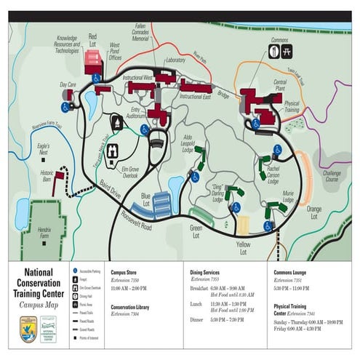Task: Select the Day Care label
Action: click(68, 85)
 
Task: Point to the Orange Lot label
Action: click(314, 212)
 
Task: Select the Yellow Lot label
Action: click(244, 249)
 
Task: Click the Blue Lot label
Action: click(145, 199)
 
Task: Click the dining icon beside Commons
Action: click(276, 51)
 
